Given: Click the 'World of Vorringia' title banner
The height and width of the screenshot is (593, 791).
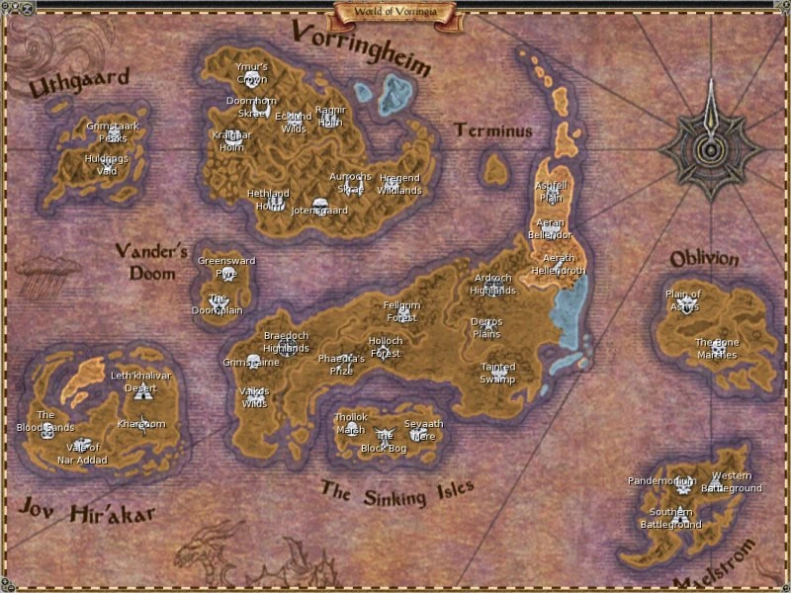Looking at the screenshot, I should pos(395,12).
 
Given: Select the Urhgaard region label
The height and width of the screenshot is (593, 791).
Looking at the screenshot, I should pos(65,85).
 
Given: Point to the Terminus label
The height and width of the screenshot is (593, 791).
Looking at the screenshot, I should pos(493,130).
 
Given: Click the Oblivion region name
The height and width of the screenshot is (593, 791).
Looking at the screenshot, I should pos(704,259).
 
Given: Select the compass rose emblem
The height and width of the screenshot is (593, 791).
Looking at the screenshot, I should pos(711,147).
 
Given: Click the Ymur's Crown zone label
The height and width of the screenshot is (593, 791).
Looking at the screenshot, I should pos(252,72).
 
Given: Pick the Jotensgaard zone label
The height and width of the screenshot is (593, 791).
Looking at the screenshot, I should pos(318,210).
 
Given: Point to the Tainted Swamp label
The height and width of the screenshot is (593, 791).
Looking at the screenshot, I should pos(497,373).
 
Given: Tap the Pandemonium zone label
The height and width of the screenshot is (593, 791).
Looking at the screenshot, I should pos(661,481).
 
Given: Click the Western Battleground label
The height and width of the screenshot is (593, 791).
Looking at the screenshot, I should pos(732,482).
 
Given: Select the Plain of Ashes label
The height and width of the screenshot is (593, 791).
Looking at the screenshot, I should pos(682,299).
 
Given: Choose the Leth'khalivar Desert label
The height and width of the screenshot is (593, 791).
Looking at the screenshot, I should pos(140,381).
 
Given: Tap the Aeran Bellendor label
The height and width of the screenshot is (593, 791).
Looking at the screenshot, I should pos(550,228).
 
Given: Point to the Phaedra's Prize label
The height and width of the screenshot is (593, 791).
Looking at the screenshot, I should pos(342,364).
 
